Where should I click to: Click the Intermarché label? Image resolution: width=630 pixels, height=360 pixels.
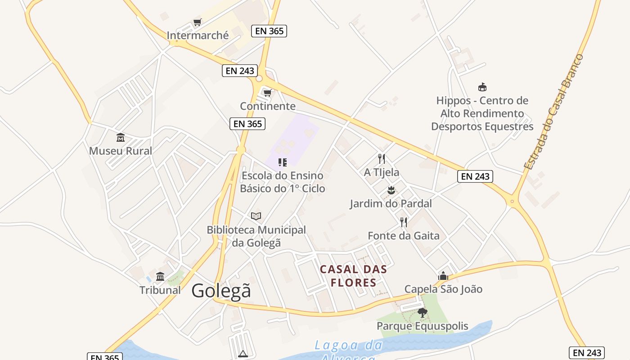(x=198, y=35)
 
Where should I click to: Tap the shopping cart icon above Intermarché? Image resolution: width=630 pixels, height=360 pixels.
(x=197, y=22)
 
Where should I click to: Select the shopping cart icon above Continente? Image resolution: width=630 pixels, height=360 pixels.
(x=268, y=93)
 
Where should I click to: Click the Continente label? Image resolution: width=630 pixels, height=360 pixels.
(x=268, y=106)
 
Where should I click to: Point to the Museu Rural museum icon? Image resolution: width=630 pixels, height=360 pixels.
(x=121, y=137)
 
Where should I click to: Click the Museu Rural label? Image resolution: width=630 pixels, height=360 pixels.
(x=121, y=151)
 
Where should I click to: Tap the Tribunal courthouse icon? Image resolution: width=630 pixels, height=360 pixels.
(x=160, y=276)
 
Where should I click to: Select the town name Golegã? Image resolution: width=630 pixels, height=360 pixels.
(x=221, y=291)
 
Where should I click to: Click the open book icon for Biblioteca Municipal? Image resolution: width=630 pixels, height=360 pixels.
(x=256, y=216)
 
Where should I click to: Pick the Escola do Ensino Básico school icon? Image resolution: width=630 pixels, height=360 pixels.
(x=283, y=162)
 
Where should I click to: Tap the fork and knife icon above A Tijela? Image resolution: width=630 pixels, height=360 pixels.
(x=382, y=158)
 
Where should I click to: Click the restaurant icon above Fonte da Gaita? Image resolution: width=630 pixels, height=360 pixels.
(x=404, y=222)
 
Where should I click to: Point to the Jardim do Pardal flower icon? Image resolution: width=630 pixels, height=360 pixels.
(x=391, y=190)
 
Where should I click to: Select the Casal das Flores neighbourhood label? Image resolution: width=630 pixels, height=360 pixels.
(x=353, y=276)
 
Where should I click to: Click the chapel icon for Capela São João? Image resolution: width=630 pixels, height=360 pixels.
(x=443, y=275)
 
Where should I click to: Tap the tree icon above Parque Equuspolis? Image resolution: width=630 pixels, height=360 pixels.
(x=422, y=312)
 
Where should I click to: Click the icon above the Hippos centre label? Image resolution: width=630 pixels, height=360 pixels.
(x=482, y=87)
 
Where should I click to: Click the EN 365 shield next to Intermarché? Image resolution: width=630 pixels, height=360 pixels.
(x=270, y=31)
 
